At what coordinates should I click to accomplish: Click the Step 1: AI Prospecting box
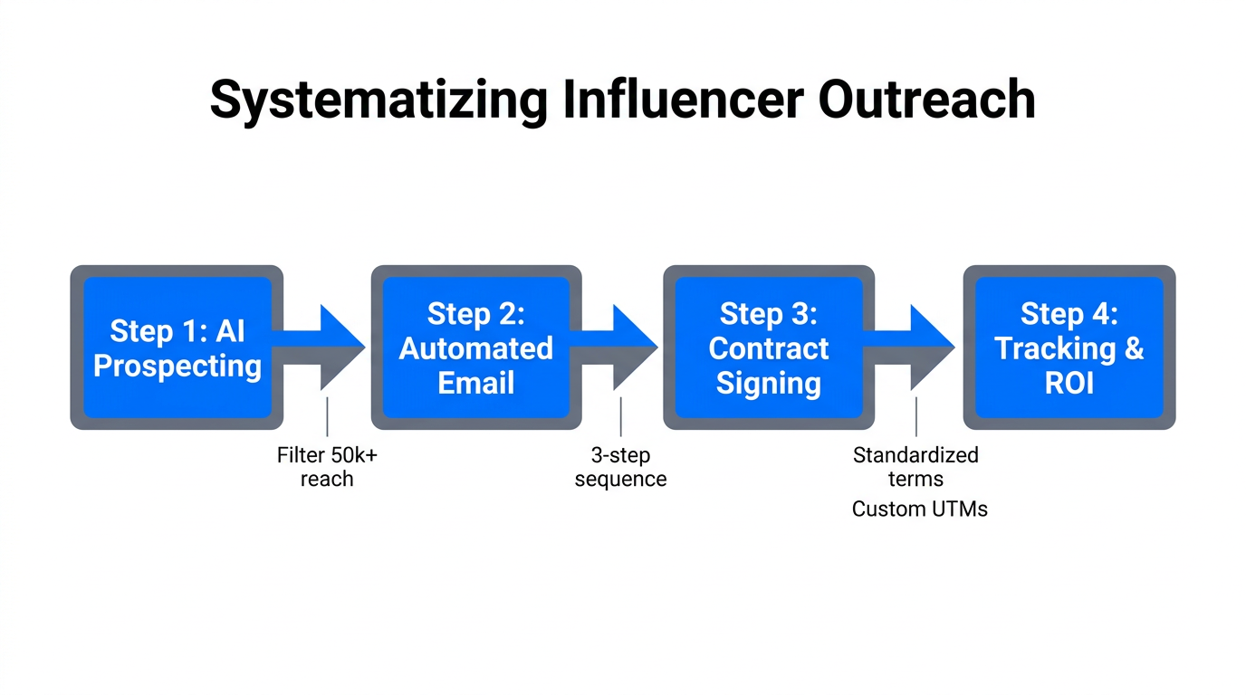[177, 347]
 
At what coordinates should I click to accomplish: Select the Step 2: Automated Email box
[476, 347]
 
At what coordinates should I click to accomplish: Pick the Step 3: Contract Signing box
[768, 347]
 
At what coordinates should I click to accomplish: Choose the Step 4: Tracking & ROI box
[1069, 347]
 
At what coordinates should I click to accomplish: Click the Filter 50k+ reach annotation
[327, 467]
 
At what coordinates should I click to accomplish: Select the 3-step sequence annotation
[620, 467]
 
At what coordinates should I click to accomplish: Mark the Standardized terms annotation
[915, 467]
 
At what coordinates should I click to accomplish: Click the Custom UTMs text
[919, 509]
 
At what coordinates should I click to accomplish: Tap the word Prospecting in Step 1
[177, 367]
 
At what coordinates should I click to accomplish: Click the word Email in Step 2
[476, 383]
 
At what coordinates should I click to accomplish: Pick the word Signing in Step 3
[768, 383]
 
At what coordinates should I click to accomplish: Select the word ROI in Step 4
[1069, 383]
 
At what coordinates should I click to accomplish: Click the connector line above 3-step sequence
[621, 416]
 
